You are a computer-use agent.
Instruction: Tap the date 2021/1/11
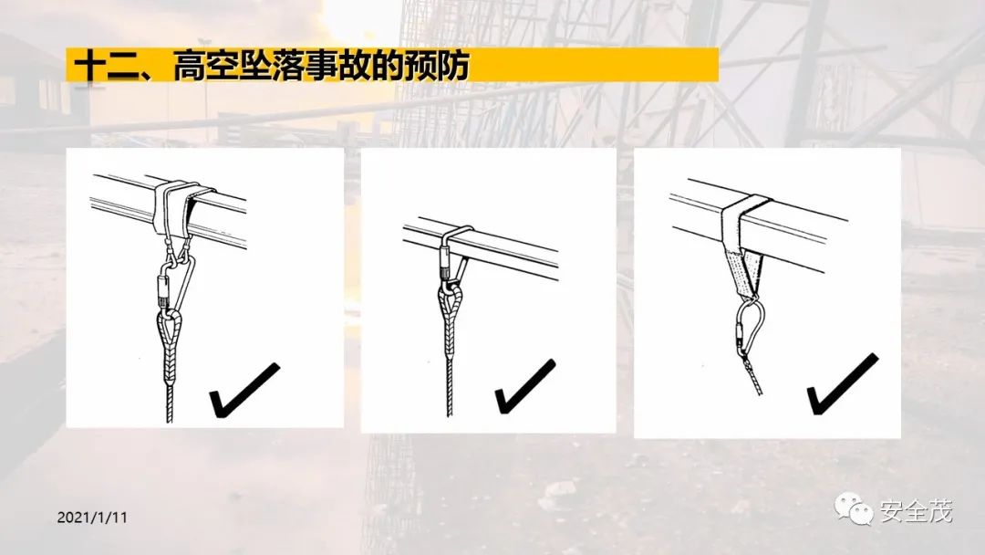point(92,518)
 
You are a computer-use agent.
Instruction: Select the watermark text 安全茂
point(916,511)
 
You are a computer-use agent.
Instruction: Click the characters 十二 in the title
point(105,66)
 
